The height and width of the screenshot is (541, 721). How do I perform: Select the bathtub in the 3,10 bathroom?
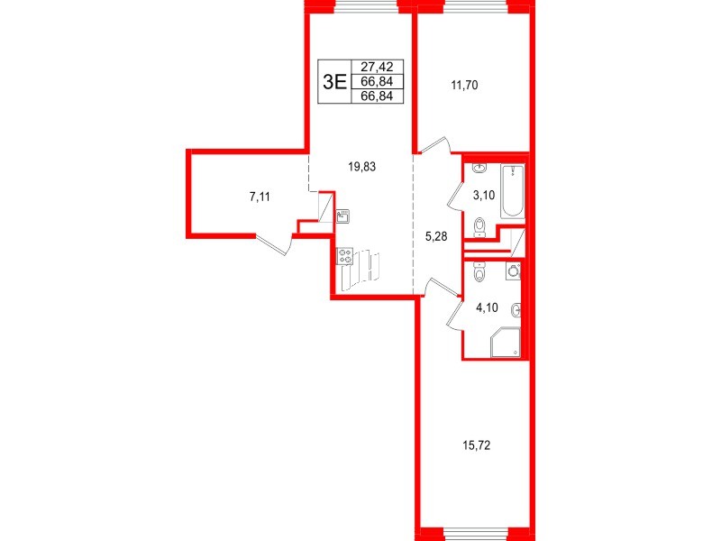click(x=512, y=191)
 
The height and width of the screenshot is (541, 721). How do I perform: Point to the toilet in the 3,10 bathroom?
click(x=479, y=225)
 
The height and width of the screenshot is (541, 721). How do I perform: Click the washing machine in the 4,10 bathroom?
click(x=514, y=270)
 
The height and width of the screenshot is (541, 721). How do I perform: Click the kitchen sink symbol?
click(x=342, y=216)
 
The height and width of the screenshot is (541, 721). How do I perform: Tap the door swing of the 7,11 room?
click(x=274, y=243)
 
